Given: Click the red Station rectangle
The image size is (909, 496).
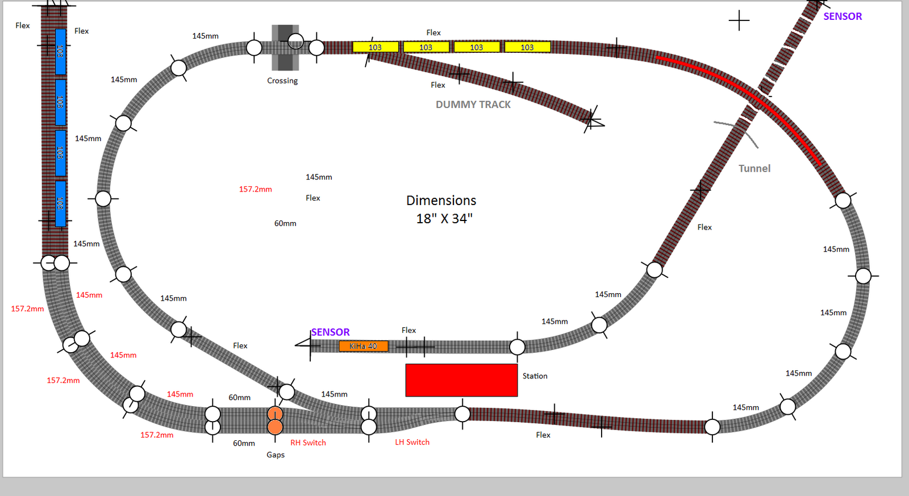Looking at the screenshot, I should click(461, 380).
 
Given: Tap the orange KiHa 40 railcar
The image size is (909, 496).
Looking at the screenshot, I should click(364, 346).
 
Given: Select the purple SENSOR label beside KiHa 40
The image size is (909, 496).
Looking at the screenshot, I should click(330, 332).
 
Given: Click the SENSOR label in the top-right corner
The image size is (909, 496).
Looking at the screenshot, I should click(843, 16).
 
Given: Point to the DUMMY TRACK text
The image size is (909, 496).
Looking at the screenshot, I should click(473, 105).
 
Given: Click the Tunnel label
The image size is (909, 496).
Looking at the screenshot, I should click(754, 169).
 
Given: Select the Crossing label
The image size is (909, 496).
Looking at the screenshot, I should click(282, 81).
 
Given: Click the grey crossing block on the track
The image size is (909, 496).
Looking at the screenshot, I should click(285, 48).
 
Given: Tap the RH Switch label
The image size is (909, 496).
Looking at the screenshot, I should click(308, 443).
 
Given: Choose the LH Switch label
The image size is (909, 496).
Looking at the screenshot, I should click(412, 442).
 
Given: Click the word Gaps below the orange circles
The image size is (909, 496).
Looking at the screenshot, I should click(276, 455).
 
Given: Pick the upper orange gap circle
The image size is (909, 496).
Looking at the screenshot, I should click(275, 414).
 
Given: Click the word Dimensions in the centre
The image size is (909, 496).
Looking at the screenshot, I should click(441, 201).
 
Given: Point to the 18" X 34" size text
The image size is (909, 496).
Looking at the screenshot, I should click(444, 219).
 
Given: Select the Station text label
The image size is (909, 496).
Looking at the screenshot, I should click(535, 376).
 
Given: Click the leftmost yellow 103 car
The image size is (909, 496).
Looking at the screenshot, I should click(375, 47).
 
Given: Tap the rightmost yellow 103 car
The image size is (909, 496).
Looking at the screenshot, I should click(527, 47).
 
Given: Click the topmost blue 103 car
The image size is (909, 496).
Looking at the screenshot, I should click(60, 52).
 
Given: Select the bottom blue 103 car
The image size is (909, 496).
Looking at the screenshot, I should click(60, 204).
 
